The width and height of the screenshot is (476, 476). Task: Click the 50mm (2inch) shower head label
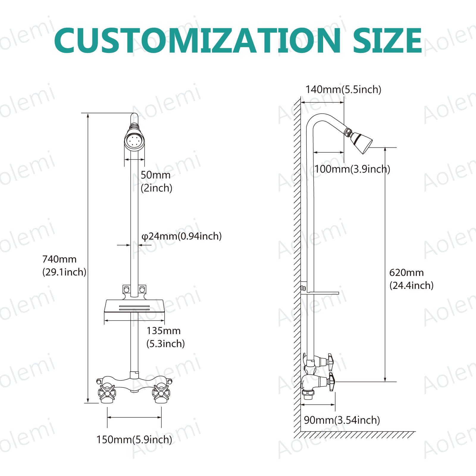(156, 181)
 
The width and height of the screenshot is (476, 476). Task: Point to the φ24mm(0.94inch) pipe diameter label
(181, 236)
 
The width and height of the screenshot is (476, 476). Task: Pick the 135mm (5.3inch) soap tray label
(165, 337)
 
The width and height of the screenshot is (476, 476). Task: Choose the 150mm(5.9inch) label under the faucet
(134, 439)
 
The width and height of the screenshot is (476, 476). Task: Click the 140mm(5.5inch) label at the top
(343, 89)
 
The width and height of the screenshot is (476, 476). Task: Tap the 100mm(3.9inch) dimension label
(352, 169)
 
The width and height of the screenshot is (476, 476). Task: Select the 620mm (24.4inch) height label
(411, 279)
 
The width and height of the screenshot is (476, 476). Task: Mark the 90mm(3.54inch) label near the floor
(342, 420)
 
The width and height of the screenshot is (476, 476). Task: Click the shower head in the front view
(134, 141)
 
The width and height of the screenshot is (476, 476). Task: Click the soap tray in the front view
(134, 306)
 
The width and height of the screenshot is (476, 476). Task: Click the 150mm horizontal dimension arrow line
(134, 417)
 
